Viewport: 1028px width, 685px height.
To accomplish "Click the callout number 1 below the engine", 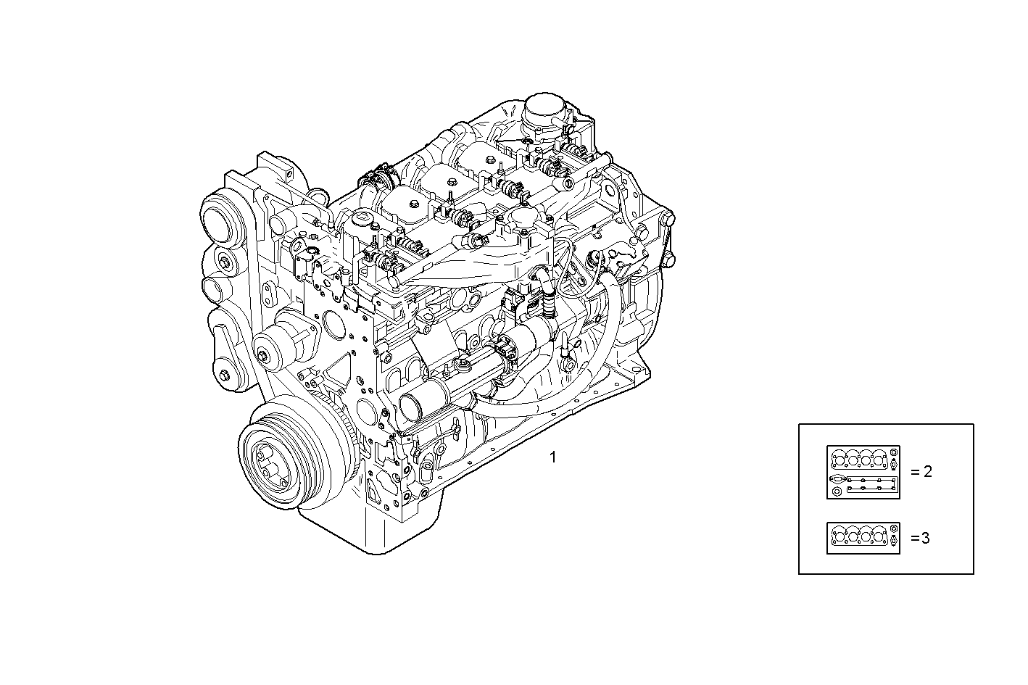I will coord(553,457).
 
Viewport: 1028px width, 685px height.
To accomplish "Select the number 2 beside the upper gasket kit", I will coord(927,472).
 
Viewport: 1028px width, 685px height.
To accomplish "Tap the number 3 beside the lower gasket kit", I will coord(925,538).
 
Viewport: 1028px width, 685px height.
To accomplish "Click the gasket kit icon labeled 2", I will coord(863,472).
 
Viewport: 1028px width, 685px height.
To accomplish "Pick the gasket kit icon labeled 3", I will coord(863,538).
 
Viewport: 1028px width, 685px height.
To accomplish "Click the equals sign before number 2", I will coord(913,472).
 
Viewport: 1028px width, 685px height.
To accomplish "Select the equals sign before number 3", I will coord(913,538).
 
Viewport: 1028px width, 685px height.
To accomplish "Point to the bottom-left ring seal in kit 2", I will coord(837,492).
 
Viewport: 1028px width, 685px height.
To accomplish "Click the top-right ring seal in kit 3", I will coord(894,531).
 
